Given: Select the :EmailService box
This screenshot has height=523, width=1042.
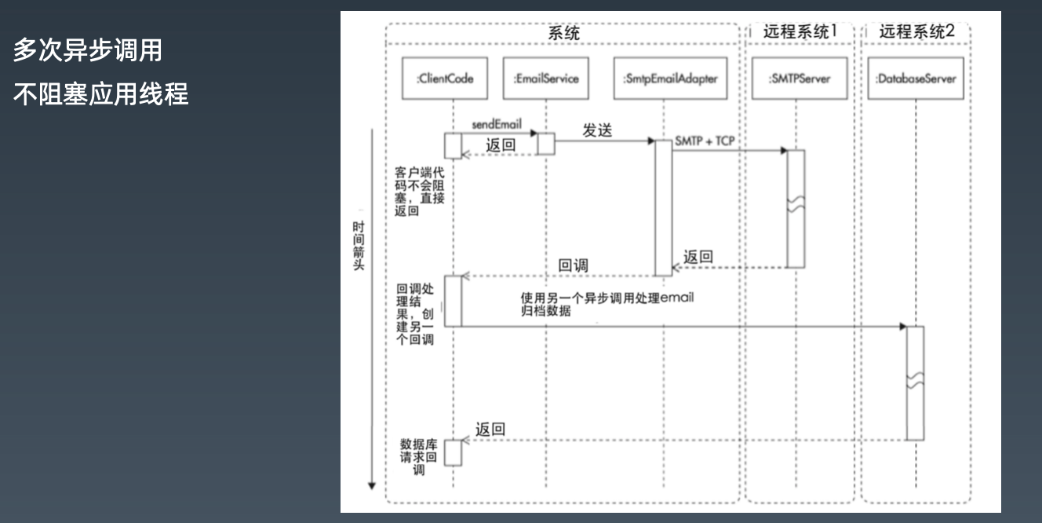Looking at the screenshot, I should click(546, 79).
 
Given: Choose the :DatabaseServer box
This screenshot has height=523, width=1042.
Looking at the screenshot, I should click(916, 79).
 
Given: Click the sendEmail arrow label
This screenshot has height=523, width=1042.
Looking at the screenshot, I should click(497, 125).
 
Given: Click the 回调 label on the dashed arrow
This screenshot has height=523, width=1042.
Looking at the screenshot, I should click(574, 265).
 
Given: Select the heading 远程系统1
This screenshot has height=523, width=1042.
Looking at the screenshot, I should click(800, 32).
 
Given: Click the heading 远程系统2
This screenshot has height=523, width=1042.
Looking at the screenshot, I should click(916, 32).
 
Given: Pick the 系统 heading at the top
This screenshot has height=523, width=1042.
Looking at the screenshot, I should click(563, 34).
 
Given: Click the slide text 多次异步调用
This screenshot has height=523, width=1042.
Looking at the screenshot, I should click(88, 52).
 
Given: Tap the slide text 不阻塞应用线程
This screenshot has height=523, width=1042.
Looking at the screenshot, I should click(100, 94).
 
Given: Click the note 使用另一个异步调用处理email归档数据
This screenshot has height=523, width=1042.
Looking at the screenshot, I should click(607, 304).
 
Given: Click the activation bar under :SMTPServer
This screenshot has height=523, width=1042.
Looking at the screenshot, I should click(796, 208).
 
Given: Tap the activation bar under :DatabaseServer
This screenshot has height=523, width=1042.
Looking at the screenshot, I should click(915, 382).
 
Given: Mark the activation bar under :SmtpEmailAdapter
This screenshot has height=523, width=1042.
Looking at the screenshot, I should click(664, 207).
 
